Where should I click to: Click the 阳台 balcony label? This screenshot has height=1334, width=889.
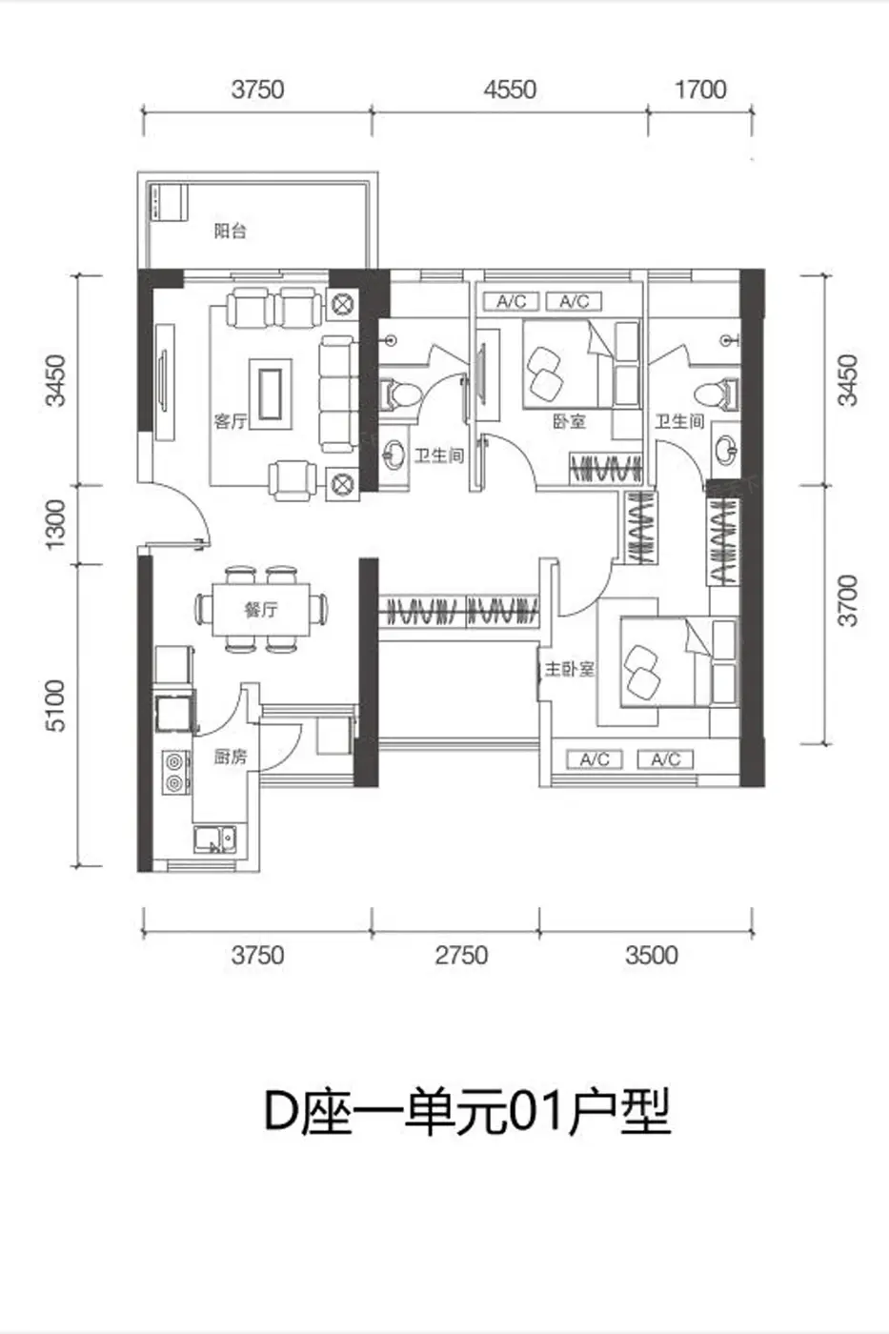coord(231,231)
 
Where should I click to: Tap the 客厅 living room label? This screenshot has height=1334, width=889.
coord(231,421)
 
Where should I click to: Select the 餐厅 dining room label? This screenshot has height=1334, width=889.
coord(261,609)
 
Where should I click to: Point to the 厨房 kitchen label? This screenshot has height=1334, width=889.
coord(231,757)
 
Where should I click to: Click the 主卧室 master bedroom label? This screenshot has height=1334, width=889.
coord(569,669)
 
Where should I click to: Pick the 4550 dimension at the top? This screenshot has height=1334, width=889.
coord(510,90)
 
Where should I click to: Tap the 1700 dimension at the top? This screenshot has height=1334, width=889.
coord(700,90)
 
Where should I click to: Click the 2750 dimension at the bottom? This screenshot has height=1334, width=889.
coord(461,955)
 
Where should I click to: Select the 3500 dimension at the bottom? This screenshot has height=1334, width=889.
coord(652,955)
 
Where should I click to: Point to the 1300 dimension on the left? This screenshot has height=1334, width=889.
coord(54,525)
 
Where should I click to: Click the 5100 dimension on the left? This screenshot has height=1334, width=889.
coord(54,706)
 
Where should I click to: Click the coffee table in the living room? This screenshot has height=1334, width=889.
coord(271,394)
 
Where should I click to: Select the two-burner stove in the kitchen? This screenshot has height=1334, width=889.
coord(176,773)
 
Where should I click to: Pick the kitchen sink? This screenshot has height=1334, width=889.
coord(214,839)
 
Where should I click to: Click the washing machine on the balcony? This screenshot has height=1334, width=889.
coord(169,202)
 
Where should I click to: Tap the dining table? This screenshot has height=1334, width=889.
coord(261,610)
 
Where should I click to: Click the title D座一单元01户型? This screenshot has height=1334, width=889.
coord(468,1111)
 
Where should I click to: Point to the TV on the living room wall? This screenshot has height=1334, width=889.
coord(164,382)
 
